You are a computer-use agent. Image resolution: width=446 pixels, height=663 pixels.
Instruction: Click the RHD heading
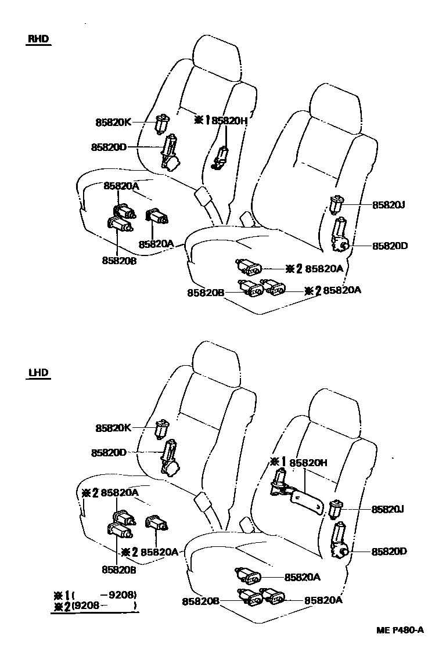coord(38,39)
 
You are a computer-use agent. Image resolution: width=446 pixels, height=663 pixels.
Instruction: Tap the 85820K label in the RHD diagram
coord(113,122)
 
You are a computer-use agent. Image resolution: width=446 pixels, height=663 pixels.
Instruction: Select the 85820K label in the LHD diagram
coord(113,428)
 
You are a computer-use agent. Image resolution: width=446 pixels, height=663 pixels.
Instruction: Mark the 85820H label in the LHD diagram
coord(308,463)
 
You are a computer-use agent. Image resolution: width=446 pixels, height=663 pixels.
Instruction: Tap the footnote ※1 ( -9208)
coord(95,594)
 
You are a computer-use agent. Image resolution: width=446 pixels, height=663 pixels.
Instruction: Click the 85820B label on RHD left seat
coord(119,261)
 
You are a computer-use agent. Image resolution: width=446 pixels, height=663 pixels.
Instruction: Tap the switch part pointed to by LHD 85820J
coord(336,509)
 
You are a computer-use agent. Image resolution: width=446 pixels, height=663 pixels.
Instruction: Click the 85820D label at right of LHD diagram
coord(390,551)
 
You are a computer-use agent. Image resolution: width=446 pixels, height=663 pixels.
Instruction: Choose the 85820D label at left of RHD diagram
coord(109,147)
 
